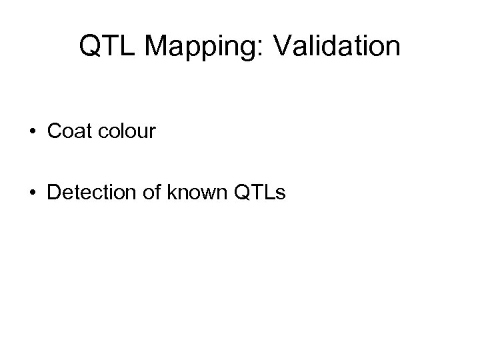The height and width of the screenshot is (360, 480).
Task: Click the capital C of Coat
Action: [x=55, y=131]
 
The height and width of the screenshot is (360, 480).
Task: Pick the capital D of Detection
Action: [x=54, y=193]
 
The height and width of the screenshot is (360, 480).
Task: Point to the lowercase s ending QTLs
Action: [x=281, y=195]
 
